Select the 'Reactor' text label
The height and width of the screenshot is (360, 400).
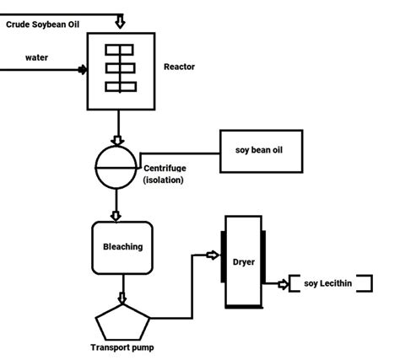click(x=178, y=67)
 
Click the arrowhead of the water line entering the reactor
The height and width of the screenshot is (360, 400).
click(x=83, y=70)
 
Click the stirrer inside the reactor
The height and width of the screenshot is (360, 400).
click(x=121, y=68)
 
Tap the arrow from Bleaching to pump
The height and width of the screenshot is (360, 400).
click(x=122, y=296)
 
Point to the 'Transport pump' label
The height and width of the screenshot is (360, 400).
click(x=123, y=347)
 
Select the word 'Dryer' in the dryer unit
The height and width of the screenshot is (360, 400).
click(x=244, y=261)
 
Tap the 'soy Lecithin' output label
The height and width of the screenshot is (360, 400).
click(x=328, y=283)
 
